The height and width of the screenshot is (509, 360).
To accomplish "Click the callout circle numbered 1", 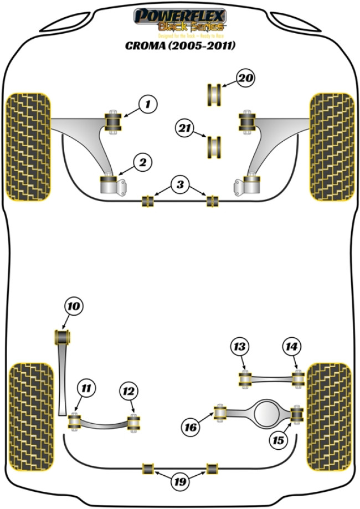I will [147, 104].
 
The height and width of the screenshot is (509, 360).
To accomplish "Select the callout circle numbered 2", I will [143, 163].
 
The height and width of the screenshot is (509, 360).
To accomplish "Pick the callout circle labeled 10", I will [74, 305].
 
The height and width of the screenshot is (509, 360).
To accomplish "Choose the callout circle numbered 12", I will [128, 392].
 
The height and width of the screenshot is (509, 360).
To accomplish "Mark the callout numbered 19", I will [178, 482].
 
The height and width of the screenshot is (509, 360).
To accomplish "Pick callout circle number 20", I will [246, 79].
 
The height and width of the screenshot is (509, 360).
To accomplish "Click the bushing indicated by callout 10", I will [63, 337].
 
